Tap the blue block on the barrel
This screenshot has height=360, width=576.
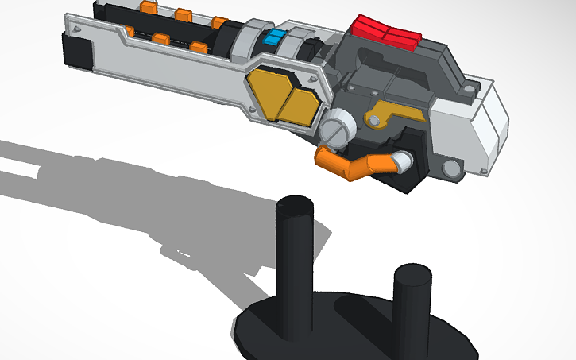pos(274,37)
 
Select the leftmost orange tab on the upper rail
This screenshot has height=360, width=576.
pos(147,7)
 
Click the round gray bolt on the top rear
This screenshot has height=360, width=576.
pos(471,83)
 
